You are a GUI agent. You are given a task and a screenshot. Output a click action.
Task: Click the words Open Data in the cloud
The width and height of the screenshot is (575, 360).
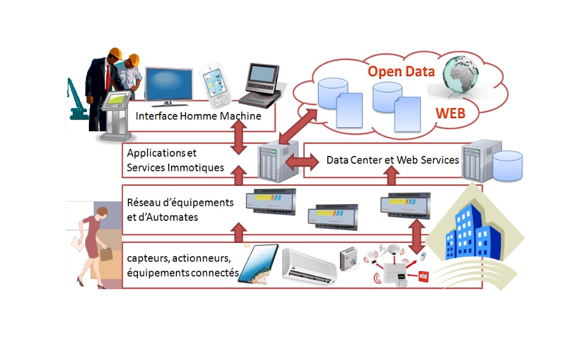click(401, 71)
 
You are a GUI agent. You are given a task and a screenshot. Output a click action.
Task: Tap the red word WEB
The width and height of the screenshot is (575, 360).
click(450, 113)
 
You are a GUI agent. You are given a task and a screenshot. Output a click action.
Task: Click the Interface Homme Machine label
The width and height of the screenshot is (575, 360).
click(198, 116)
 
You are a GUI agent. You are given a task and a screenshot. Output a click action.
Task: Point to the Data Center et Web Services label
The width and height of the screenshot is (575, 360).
click(393, 160)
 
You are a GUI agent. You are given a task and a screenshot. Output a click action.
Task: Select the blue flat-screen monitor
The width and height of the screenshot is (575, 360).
click(168, 83)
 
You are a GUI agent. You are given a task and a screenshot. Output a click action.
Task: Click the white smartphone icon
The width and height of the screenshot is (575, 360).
click(216, 82)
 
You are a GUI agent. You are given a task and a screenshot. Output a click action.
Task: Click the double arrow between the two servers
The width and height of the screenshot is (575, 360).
click(303, 161)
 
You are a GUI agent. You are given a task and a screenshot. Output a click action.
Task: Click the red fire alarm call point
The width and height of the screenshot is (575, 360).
click(424, 277)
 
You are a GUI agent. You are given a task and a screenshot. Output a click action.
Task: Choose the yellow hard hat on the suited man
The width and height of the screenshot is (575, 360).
click(115, 53)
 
